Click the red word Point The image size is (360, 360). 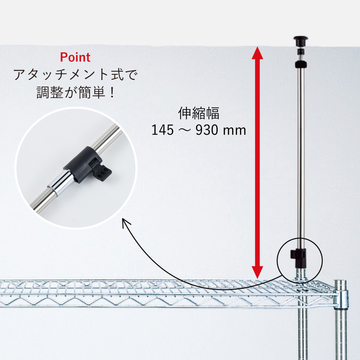click(x=75, y=57)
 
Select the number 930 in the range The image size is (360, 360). click(x=207, y=130)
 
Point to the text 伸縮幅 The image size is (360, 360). click(x=199, y=113)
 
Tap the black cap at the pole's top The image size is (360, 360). click(x=301, y=40)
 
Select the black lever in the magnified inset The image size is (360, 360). click(x=102, y=171)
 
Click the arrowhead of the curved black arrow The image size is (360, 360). click(x=126, y=223)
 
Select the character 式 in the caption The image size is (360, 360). click(x=117, y=75)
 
